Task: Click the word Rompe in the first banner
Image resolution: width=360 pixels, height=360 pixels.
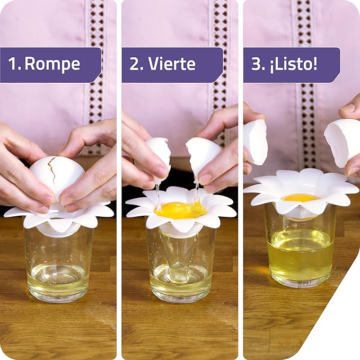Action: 52,64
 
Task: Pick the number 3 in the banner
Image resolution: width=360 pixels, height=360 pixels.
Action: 257,64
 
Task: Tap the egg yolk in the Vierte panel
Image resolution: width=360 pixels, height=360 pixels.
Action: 180,210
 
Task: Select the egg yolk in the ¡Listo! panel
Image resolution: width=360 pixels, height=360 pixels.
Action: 301,198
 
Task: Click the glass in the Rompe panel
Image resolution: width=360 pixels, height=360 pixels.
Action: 58,265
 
